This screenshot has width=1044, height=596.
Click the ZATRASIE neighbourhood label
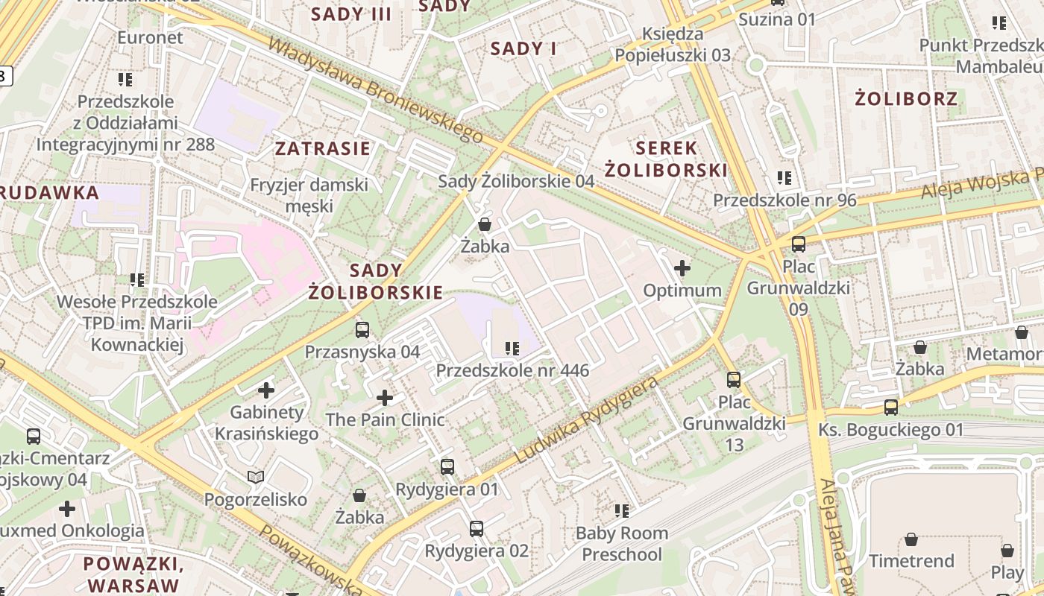[322, 148]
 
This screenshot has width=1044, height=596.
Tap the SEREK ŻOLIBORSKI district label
[665, 159]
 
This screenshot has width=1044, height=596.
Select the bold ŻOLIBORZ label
[906, 98]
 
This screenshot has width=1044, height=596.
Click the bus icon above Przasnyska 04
[362, 329]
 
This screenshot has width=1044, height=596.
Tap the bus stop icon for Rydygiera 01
[447, 467]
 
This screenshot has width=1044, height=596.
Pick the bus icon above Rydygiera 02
[477, 529]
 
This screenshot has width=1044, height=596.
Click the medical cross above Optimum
[682, 268]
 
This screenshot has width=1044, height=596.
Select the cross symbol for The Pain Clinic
[385, 398]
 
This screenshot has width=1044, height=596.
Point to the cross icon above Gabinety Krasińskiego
[266, 390]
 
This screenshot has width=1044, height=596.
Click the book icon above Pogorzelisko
[256, 477]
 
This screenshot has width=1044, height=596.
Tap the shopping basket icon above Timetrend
[911, 539]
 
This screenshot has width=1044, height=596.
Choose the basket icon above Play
[1007, 551]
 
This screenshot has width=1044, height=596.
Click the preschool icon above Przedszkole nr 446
[512, 348]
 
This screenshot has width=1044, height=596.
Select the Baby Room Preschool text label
[622, 544]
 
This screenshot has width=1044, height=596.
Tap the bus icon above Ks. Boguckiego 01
[891, 408]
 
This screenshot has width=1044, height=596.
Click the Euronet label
[150, 37]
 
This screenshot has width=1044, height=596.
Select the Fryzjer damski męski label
[309, 194]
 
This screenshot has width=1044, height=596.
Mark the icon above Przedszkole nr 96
[784, 178]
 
